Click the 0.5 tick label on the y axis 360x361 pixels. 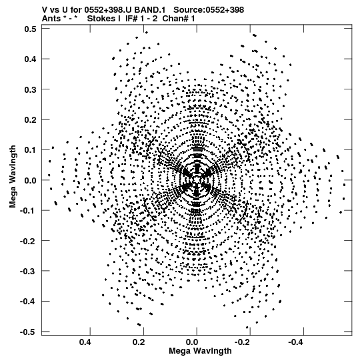pyautogui.click(x=30, y=29)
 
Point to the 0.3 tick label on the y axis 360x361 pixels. pyautogui.click(x=30, y=89)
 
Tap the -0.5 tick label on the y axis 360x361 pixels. pyautogui.click(x=28, y=332)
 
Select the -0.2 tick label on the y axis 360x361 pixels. pyautogui.click(x=28, y=241)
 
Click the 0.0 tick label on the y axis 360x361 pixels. pyautogui.click(x=30, y=180)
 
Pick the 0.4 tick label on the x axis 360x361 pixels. pyautogui.click(x=85, y=342)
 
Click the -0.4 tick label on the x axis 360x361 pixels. pyautogui.click(x=295, y=342)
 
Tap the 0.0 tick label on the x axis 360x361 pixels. pyautogui.click(x=192, y=342)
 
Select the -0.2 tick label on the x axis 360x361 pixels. pyautogui.click(x=241, y=342)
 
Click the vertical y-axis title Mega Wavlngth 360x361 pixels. pyautogui.click(x=13, y=176)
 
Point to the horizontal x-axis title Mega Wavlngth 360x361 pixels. pyautogui.click(x=200, y=351)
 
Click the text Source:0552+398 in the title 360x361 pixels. pyautogui.click(x=209, y=10)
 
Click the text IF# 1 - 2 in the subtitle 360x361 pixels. pyautogui.click(x=141, y=19)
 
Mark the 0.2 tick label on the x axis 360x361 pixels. pyautogui.click(x=139, y=342)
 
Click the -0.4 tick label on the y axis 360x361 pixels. pyautogui.click(x=28, y=302)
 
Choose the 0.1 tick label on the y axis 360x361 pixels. pyautogui.click(x=30, y=150)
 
